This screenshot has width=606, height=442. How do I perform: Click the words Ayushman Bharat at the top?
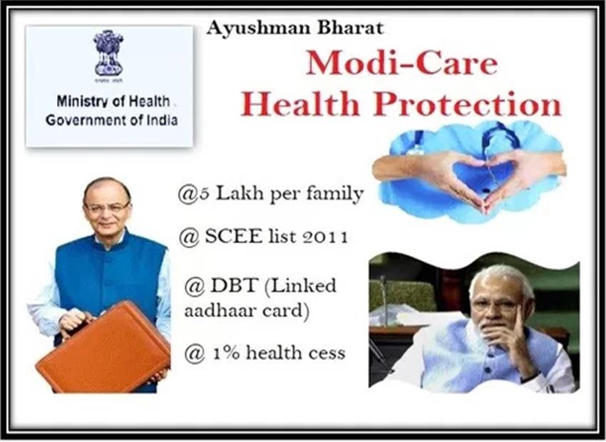click(x=295, y=29)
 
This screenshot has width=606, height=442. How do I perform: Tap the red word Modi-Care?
click(x=401, y=63)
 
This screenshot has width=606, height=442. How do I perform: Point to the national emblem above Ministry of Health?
click(x=108, y=53)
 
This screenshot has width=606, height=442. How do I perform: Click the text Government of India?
click(x=112, y=120)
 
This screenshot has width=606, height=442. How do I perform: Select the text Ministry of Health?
click(x=113, y=101)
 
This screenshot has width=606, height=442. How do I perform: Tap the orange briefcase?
click(x=103, y=347)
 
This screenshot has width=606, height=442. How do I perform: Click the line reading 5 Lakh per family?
click(x=270, y=194)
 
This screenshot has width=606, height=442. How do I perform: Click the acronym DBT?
click(x=235, y=286)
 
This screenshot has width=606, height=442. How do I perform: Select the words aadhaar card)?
click(x=247, y=310)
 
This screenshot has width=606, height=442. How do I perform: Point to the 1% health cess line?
click(x=265, y=353)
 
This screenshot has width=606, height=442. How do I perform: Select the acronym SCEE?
click(x=233, y=236)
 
